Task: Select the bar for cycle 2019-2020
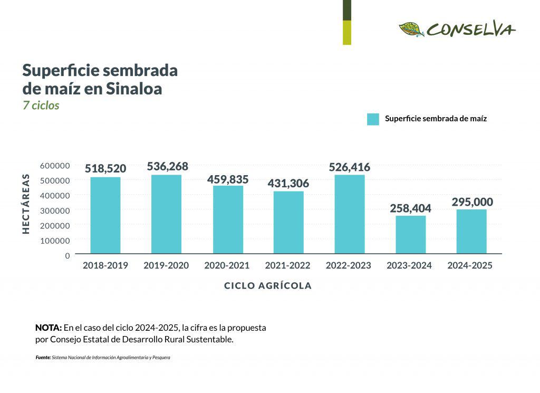[x=166, y=214]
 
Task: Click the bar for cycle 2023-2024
[x=410, y=235]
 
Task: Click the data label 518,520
[x=105, y=169]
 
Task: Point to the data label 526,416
[x=349, y=167]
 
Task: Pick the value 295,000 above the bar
[x=472, y=202]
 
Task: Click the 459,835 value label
[x=228, y=179]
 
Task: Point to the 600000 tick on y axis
[x=55, y=166]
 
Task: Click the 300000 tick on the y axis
[x=55, y=210]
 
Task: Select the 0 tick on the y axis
[x=67, y=256]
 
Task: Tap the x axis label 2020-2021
[x=227, y=266]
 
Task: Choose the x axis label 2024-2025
[x=470, y=266]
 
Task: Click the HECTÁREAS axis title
[x=26, y=203]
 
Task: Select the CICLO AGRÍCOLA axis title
[x=268, y=286]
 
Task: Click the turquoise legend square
[x=373, y=119]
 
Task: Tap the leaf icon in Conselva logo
[x=411, y=30]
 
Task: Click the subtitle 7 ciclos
[x=41, y=106]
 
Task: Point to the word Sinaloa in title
[x=134, y=89]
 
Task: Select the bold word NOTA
[x=48, y=328]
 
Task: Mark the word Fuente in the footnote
[x=43, y=358]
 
